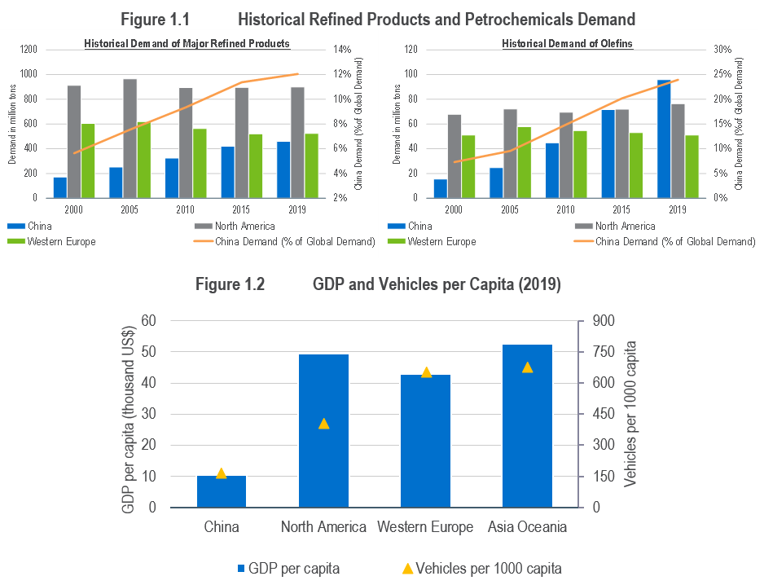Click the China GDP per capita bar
point(222,491)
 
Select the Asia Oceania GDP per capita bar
point(527,426)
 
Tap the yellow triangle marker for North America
point(323,424)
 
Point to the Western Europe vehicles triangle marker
point(425,372)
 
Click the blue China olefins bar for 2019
point(664,139)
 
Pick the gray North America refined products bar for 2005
point(130,138)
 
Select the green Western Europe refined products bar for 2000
point(88,161)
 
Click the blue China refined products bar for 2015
point(227,172)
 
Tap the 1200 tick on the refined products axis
point(29,50)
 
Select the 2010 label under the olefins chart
point(565,209)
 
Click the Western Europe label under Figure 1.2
point(425,527)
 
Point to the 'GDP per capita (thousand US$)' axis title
point(128,414)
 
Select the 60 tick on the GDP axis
point(148,321)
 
